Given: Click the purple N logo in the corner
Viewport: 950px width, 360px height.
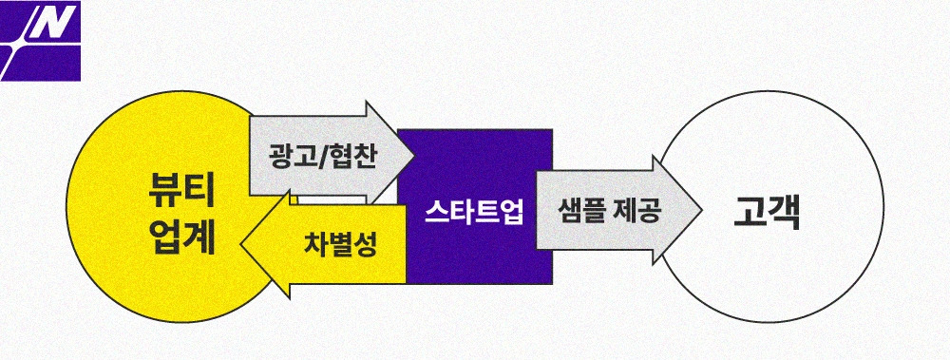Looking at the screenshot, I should point(41,40).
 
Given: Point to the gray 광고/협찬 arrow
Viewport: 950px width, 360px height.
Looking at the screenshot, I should point(323,155).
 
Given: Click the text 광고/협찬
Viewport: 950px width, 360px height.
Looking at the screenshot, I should point(322,156).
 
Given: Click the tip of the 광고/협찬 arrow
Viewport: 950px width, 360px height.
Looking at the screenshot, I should point(414,155).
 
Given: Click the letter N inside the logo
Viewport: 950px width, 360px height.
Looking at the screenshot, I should point(44,27).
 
